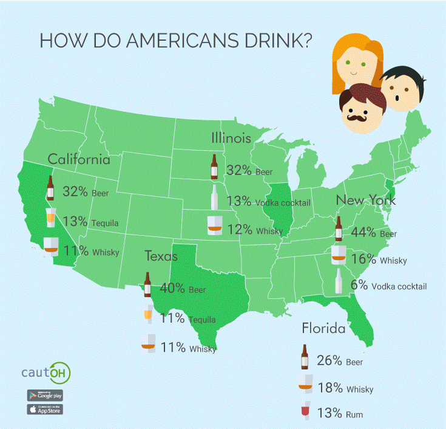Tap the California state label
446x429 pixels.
pyautogui.click(x=79, y=160)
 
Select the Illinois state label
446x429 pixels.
pyautogui.click(x=231, y=138)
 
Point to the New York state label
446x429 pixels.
pyautogui.click(x=366, y=201)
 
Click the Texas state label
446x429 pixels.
pyautogui.click(x=161, y=256)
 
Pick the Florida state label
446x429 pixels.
pyautogui.click(x=323, y=329)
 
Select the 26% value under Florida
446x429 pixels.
pyautogui.click(x=330, y=360)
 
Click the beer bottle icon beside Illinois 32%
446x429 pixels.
pyautogui.click(x=214, y=167)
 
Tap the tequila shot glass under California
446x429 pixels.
pyautogui.click(x=52, y=216)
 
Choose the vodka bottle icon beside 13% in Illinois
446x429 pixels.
pyautogui.click(x=214, y=197)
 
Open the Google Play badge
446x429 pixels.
pyautogui.click(x=45, y=394)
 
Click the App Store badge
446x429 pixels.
pyautogui.click(x=45, y=409)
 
